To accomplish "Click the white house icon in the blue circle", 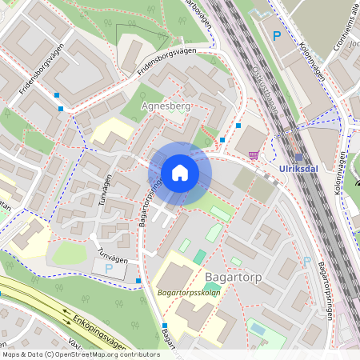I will pos(180,173).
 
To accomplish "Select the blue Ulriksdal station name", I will pos(301,170).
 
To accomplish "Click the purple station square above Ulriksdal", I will pos(299,158).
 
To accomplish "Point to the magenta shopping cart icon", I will pos(254,155).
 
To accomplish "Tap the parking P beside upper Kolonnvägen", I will pos(277,36).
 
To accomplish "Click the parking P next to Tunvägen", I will pos(109,270).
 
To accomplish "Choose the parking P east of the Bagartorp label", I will pos(306,261).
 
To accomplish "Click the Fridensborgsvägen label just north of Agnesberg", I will pos(166,62).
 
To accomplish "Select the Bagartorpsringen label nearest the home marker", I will pos(150,204).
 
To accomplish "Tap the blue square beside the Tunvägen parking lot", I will pos(138,280).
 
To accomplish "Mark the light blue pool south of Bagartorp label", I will pos(257,328).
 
